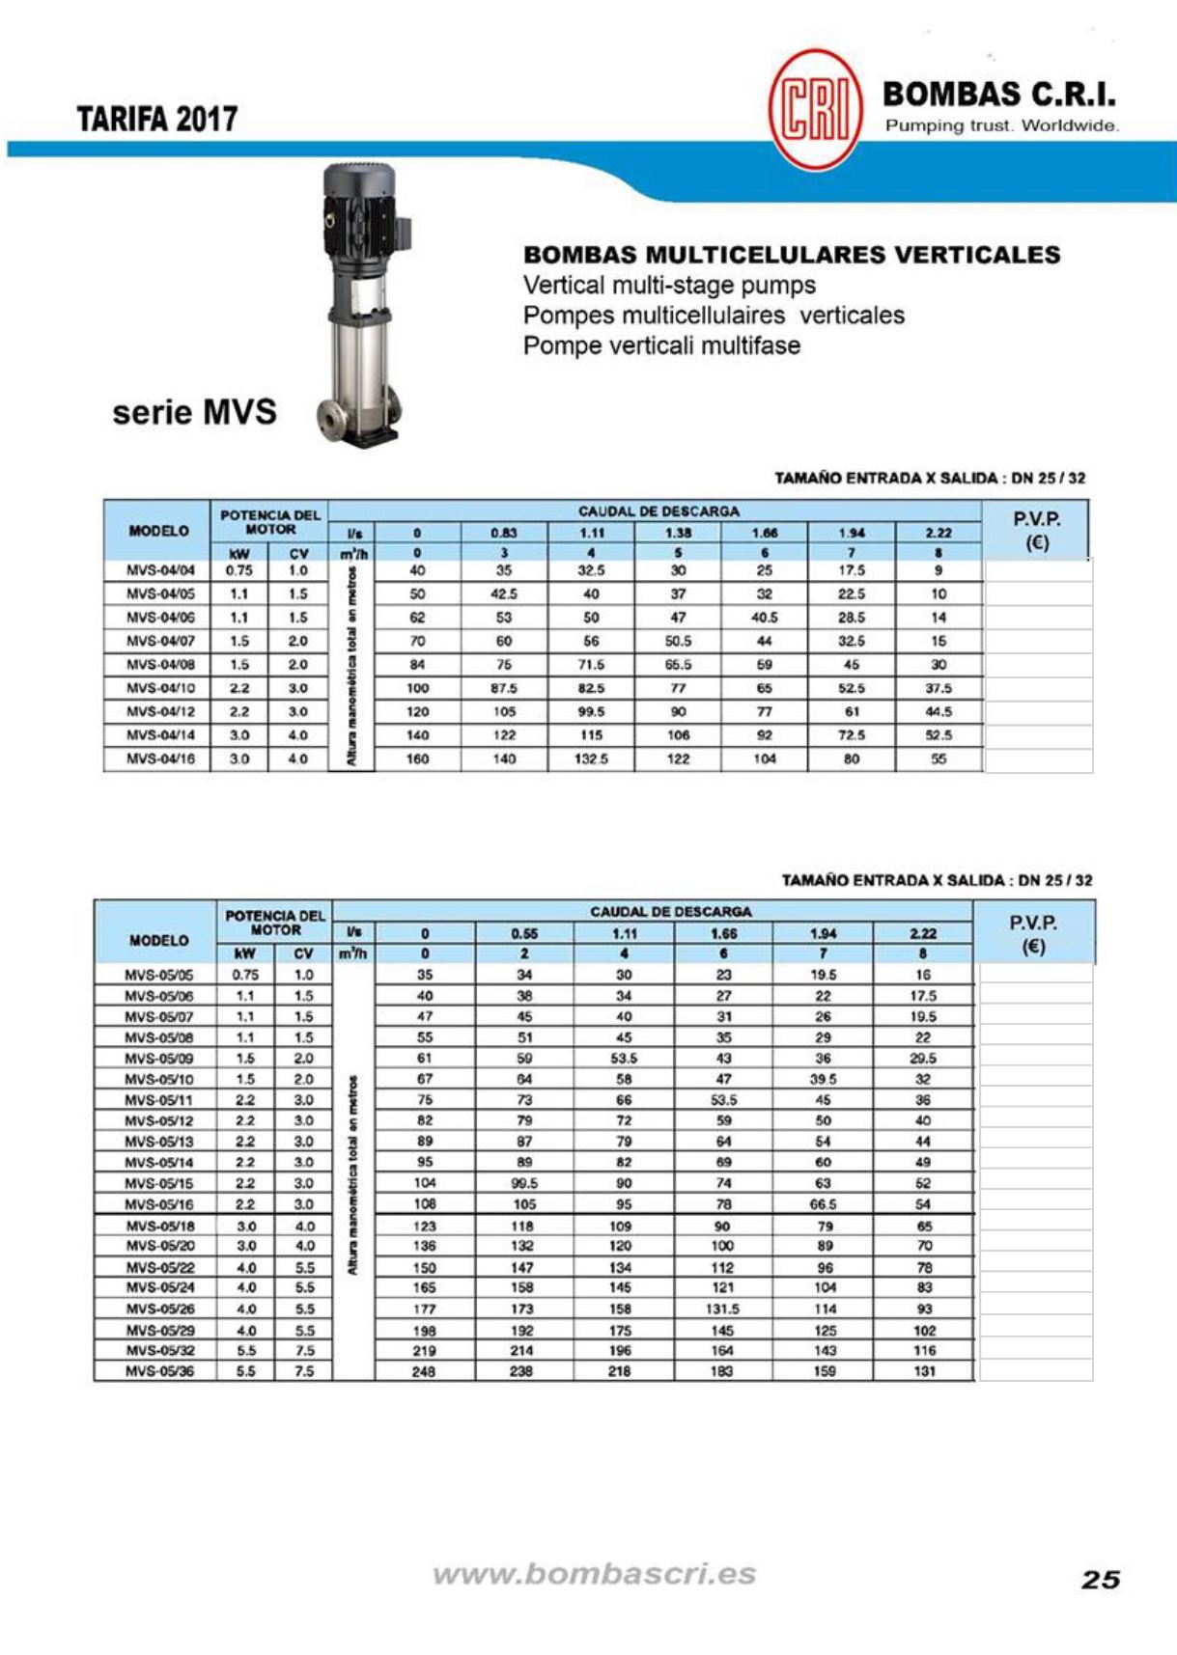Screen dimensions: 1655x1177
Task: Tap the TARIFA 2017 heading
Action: pyautogui.click(x=157, y=119)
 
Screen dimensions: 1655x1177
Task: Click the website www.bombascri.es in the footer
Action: pyautogui.click(x=594, y=1574)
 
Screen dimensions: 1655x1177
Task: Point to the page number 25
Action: pyautogui.click(x=1100, y=1579)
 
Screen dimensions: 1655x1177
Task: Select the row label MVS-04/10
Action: pyautogui.click(x=160, y=688)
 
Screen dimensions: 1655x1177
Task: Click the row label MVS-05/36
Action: pyautogui.click(x=159, y=1371)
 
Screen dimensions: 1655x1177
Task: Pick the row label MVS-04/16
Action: pyautogui.click(x=160, y=759)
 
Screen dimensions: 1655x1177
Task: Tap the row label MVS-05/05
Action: pyautogui.click(x=159, y=975)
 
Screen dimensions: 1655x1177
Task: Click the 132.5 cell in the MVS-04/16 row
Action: pyautogui.click(x=591, y=759)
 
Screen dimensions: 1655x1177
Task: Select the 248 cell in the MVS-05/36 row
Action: pyautogui.click(x=424, y=1371)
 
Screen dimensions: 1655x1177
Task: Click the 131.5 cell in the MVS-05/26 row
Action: pyautogui.click(x=722, y=1310)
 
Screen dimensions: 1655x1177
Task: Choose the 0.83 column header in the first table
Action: pyautogui.click(x=504, y=533)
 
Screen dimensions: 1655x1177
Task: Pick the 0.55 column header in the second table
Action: pyautogui.click(x=524, y=933)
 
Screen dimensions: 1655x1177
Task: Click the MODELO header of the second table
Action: pyautogui.click(x=158, y=940)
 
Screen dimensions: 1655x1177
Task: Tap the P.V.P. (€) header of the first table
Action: pyautogui.click(x=1036, y=531)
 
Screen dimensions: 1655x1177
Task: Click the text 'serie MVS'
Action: pyautogui.click(x=194, y=412)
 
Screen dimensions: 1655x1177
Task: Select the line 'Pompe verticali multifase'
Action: pyautogui.click(x=661, y=345)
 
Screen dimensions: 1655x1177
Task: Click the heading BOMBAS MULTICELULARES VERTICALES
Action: pyautogui.click(x=791, y=255)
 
